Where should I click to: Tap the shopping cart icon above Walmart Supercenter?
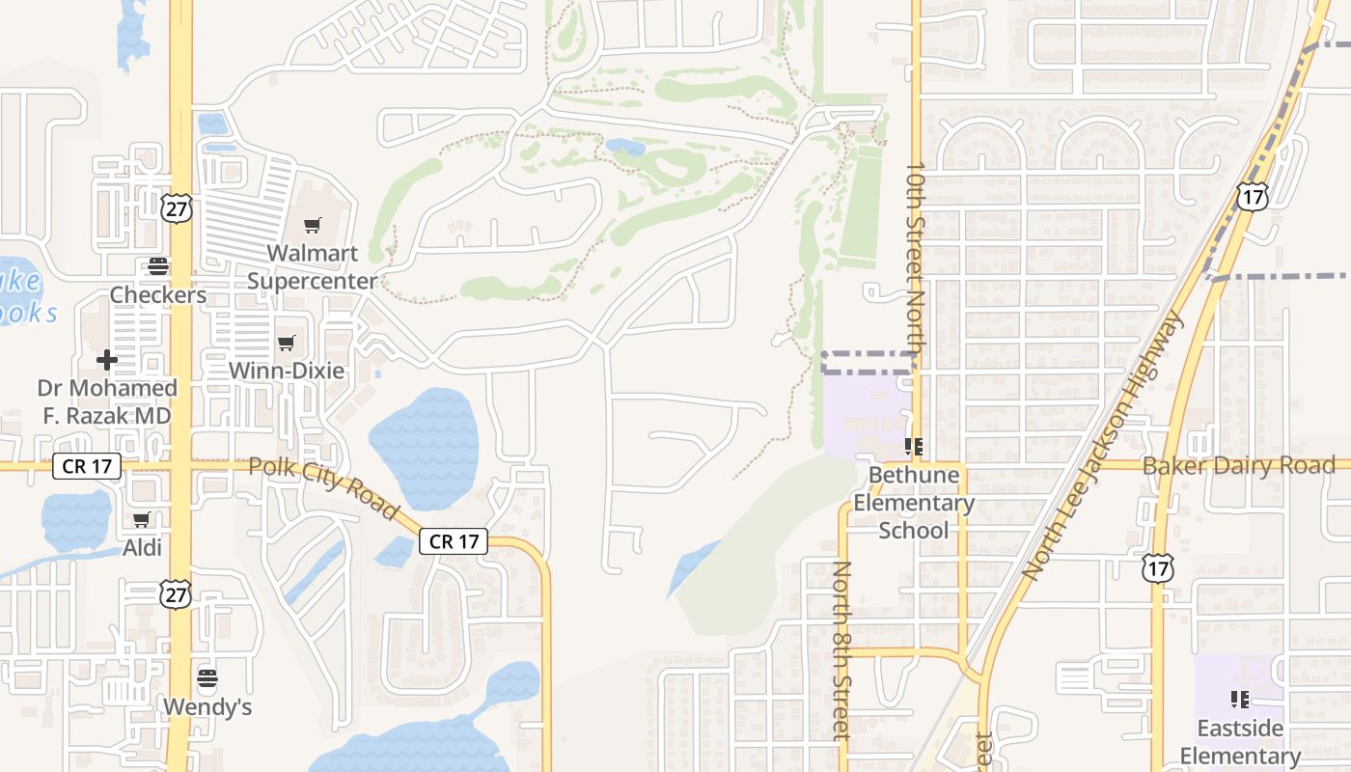(312, 226)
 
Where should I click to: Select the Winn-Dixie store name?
(286, 370)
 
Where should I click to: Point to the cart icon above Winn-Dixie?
(286, 343)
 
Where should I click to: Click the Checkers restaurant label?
(157, 294)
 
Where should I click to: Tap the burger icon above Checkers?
(157, 266)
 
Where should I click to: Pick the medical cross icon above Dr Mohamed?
(107, 360)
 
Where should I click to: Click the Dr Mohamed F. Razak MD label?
(107, 401)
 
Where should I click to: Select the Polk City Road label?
(324, 487)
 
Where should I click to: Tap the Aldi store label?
(142, 547)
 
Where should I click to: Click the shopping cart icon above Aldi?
(142, 520)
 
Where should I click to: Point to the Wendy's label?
(207, 706)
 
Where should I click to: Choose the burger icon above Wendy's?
(207, 677)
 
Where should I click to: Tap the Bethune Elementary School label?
(913, 502)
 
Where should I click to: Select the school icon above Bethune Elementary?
(913, 446)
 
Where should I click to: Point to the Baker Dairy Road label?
(1238, 466)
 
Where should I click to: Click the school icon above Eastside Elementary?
(1240, 698)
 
